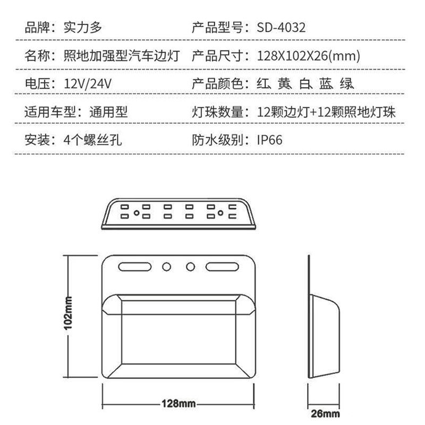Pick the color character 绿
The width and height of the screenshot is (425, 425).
click(346, 83)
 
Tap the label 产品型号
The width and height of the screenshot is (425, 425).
click(216, 27)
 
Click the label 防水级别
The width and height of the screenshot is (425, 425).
click(216, 140)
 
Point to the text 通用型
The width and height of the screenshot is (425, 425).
click(108, 112)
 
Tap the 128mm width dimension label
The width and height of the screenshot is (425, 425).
click(178, 404)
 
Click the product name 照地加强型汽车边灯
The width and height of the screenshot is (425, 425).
click(123, 55)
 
